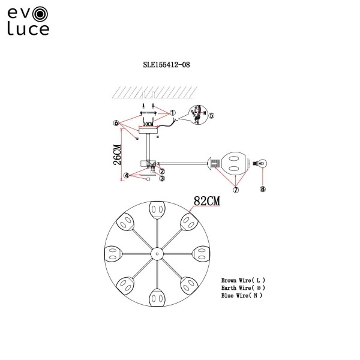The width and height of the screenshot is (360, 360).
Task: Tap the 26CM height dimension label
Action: (117, 154)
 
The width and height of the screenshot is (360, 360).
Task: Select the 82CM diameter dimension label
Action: (205, 202)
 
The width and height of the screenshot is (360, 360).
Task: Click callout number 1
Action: (172, 112)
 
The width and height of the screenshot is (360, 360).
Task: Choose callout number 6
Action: (116, 122)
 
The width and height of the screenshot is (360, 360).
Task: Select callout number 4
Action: (127, 176)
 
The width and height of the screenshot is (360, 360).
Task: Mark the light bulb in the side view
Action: (261, 162)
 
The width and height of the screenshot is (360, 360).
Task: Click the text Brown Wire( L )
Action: (243, 280)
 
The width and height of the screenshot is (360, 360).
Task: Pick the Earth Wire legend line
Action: (243, 288)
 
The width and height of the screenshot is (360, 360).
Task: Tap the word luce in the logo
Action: (28, 28)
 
